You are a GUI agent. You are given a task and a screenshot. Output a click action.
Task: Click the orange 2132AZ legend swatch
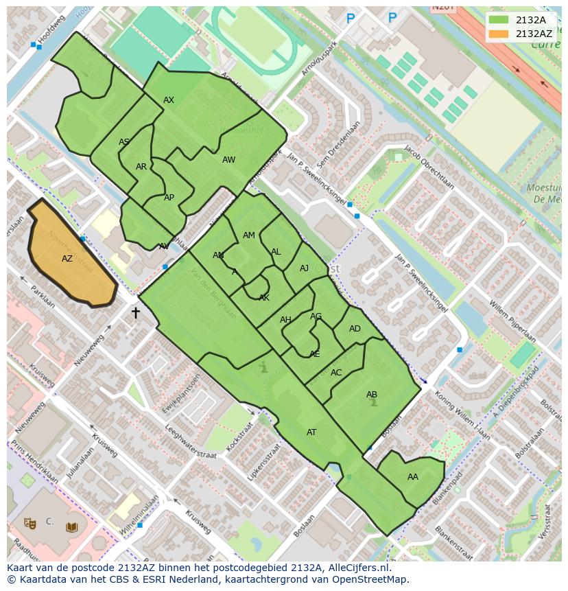point(499,34)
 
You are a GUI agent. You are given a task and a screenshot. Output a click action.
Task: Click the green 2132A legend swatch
point(499,20)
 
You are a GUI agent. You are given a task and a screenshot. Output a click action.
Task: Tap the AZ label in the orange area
point(67,259)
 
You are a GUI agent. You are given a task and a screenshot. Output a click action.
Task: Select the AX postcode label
point(169,100)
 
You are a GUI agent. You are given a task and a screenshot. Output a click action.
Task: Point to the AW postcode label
point(228,160)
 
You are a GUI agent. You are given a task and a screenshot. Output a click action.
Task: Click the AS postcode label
point(124,143)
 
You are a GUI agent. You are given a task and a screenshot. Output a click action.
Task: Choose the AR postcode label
point(141,167)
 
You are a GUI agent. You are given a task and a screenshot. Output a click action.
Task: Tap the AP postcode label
point(169,198)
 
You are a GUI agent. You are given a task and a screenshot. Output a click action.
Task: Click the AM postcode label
point(249,235)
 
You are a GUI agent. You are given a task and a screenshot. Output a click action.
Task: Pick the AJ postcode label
point(305,268)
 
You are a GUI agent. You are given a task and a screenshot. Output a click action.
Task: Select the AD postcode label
point(355,329)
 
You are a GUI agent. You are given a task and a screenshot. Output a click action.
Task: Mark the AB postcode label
point(372,395)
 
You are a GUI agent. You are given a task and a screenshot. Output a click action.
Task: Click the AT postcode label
point(311,432)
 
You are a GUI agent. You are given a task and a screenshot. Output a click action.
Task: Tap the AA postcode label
point(412,477)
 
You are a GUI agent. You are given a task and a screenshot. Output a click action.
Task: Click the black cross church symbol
point(136,313)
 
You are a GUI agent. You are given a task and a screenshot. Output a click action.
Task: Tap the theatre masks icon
point(29,522)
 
